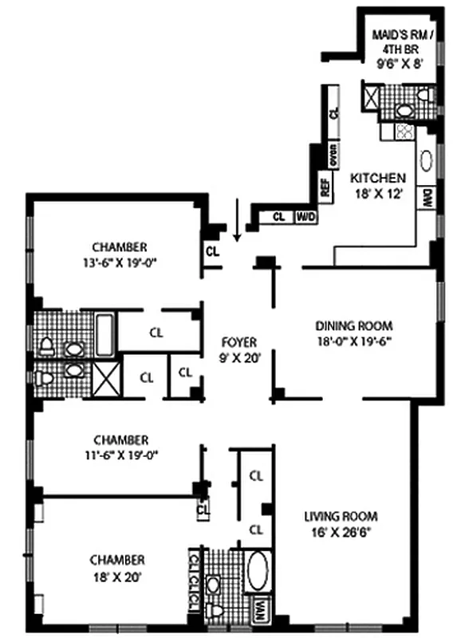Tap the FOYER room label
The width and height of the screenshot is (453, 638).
click(x=238, y=342)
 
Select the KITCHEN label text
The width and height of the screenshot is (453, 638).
click(x=378, y=178)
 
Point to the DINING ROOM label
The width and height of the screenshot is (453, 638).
click(x=354, y=325)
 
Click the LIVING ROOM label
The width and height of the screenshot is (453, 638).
click(x=341, y=515)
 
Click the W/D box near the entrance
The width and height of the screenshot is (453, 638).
click(x=305, y=216)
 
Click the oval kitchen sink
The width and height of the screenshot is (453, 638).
click(x=427, y=161)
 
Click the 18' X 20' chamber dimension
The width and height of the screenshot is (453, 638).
click(x=118, y=574)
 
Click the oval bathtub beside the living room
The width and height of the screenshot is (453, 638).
click(x=258, y=571)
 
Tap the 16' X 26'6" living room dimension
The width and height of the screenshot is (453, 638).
click(x=341, y=530)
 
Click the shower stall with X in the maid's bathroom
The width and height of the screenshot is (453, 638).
click(x=371, y=98)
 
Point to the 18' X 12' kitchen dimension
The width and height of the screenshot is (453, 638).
click(x=378, y=192)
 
